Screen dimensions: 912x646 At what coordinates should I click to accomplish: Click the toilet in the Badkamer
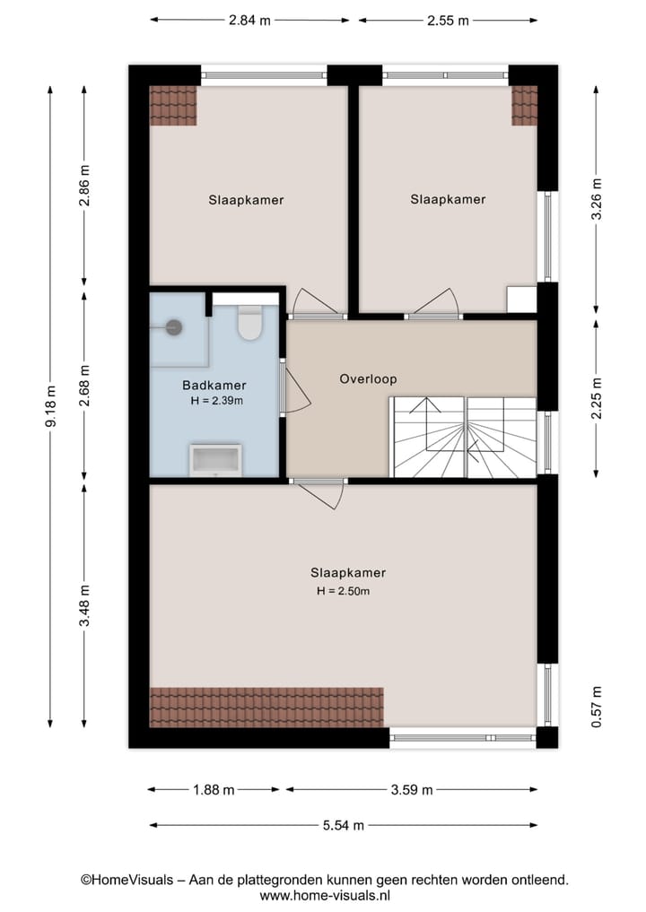(249, 323)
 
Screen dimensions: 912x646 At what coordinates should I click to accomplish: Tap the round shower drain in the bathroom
(173, 328)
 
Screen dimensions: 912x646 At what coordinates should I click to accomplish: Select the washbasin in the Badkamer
(215, 460)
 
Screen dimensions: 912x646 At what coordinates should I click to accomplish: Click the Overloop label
(368, 379)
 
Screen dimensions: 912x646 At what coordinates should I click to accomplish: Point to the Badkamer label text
(214, 386)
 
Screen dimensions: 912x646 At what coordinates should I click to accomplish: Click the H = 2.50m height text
(343, 592)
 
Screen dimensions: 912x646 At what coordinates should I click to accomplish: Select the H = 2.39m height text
(216, 401)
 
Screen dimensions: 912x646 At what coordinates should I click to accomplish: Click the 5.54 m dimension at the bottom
(343, 825)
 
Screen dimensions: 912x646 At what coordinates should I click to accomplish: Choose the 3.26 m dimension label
(597, 199)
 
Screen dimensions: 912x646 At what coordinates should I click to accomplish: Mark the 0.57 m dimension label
(597, 707)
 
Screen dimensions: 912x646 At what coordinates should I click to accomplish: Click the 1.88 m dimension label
(214, 790)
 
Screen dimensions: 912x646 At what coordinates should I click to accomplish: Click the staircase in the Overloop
(463, 437)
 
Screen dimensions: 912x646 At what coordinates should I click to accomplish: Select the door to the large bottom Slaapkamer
(320, 491)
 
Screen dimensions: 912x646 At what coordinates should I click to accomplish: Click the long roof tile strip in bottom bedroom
(266, 706)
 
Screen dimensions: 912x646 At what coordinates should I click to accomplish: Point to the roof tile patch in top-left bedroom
(172, 105)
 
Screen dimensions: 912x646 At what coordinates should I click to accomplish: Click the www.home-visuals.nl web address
(325, 895)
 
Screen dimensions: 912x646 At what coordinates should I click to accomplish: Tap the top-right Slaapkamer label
(448, 200)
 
